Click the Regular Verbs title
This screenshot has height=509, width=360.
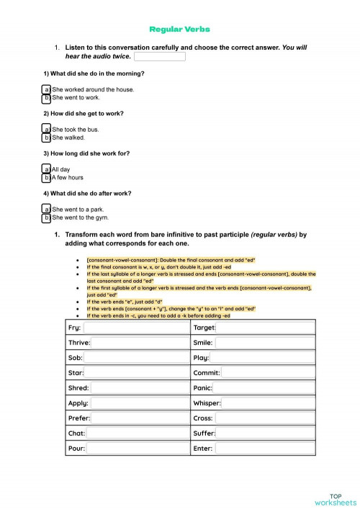[x=179, y=30]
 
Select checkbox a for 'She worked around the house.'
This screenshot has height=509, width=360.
[x=47, y=90]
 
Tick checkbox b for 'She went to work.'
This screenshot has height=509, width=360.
[x=47, y=98]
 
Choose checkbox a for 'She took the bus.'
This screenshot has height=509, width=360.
[x=47, y=130]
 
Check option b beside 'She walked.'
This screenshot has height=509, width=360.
[x=47, y=138]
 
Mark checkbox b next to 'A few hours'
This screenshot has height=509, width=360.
[x=47, y=178]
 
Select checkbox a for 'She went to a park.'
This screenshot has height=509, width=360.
[x=47, y=210]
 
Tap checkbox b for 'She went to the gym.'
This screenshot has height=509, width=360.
[x=47, y=217]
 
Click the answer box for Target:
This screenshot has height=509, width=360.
[x=265, y=328]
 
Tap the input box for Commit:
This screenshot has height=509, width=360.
[x=268, y=373]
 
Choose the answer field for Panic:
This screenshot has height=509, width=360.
[x=264, y=388]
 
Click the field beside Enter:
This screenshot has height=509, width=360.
[x=264, y=449]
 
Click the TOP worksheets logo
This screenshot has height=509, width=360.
[x=335, y=499]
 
